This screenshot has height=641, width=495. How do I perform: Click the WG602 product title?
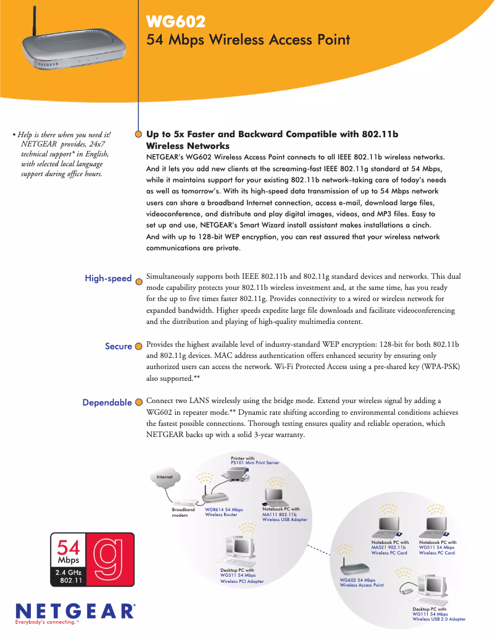[x=175, y=22]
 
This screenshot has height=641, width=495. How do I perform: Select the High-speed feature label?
[x=108, y=279]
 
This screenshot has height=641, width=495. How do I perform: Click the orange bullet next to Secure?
[x=139, y=347]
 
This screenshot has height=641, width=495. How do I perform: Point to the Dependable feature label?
[x=107, y=403]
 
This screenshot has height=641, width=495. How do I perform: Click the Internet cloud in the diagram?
[x=165, y=477]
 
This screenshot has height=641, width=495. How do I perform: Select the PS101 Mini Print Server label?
[x=255, y=462]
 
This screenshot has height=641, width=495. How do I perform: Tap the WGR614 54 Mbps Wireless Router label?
[x=223, y=512]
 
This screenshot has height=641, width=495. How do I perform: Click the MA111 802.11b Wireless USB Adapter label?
[x=284, y=517]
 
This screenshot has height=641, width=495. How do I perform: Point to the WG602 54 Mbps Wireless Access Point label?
[x=362, y=582]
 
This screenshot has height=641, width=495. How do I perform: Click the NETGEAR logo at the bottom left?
[x=73, y=611]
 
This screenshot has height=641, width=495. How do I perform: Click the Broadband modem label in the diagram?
[x=183, y=512]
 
